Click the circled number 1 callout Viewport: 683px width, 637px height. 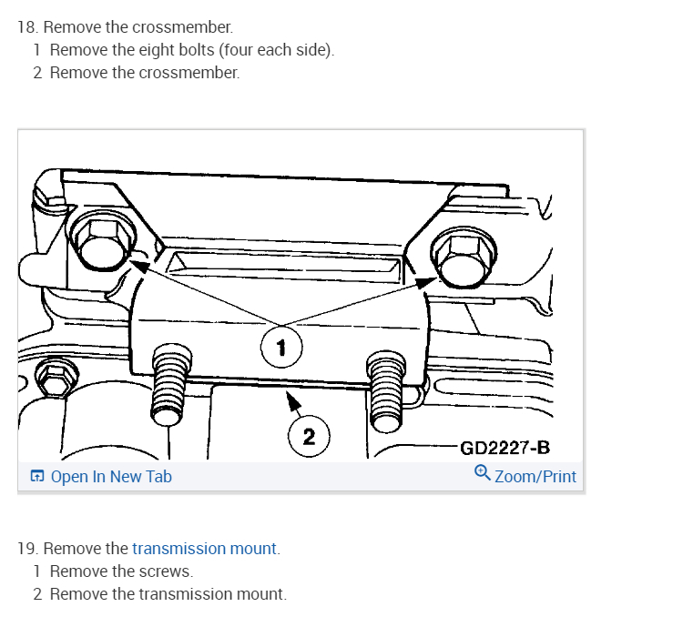(280, 346)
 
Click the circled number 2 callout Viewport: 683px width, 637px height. (309, 436)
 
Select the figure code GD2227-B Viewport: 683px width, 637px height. (505, 447)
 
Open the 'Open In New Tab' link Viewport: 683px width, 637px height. (110, 476)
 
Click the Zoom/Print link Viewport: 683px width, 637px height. (535, 476)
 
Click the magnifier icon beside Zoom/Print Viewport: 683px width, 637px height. (483, 473)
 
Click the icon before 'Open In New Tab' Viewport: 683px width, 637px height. (36, 476)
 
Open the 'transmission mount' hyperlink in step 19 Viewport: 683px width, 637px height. (204, 549)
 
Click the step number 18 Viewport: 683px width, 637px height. (26, 27)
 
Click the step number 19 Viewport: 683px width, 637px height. (26, 549)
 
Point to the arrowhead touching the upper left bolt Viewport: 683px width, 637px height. (138, 263)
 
